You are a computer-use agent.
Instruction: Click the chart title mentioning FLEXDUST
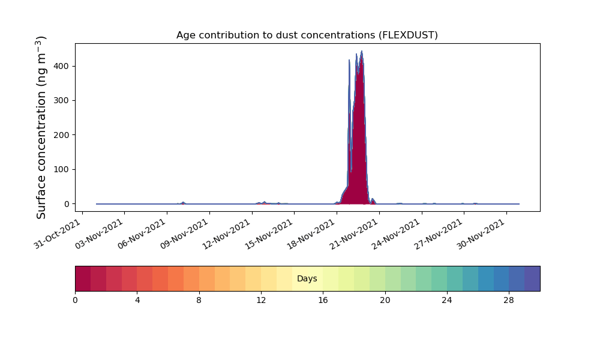pyautogui.click(x=307, y=35)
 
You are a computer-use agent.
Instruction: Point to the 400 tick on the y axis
pyautogui.click(x=61, y=66)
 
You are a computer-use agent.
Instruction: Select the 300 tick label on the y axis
pyautogui.click(x=61, y=101)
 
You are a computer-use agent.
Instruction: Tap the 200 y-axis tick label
pyautogui.click(x=61, y=135)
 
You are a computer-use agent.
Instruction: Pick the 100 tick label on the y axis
pyautogui.click(x=61, y=169)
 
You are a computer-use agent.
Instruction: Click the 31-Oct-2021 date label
pyautogui.click(x=58, y=234)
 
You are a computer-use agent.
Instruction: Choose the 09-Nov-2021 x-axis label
pyautogui.click(x=184, y=234)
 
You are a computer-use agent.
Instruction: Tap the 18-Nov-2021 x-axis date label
pyautogui.click(x=311, y=234)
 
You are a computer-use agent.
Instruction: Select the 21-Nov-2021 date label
pyautogui.click(x=354, y=234)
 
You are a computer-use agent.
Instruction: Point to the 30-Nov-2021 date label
pyautogui.click(x=481, y=234)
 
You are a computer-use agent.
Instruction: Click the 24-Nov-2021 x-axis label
pyautogui.click(x=397, y=234)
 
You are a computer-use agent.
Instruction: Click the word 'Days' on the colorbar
pyautogui.click(x=307, y=278)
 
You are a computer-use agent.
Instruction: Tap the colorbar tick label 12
pyautogui.click(x=261, y=301)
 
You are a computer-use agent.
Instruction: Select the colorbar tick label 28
pyautogui.click(x=509, y=301)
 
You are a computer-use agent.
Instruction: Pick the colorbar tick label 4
pyautogui.click(x=137, y=301)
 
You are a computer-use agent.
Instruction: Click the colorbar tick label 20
pyautogui.click(x=385, y=301)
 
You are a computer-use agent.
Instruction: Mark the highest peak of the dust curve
pyautogui.click(x=362, y=51)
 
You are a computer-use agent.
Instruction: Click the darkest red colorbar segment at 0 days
pyautogui.click(x=83, y=278)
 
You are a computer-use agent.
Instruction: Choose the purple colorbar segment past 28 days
pyautogui.click(x=532, y=278)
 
